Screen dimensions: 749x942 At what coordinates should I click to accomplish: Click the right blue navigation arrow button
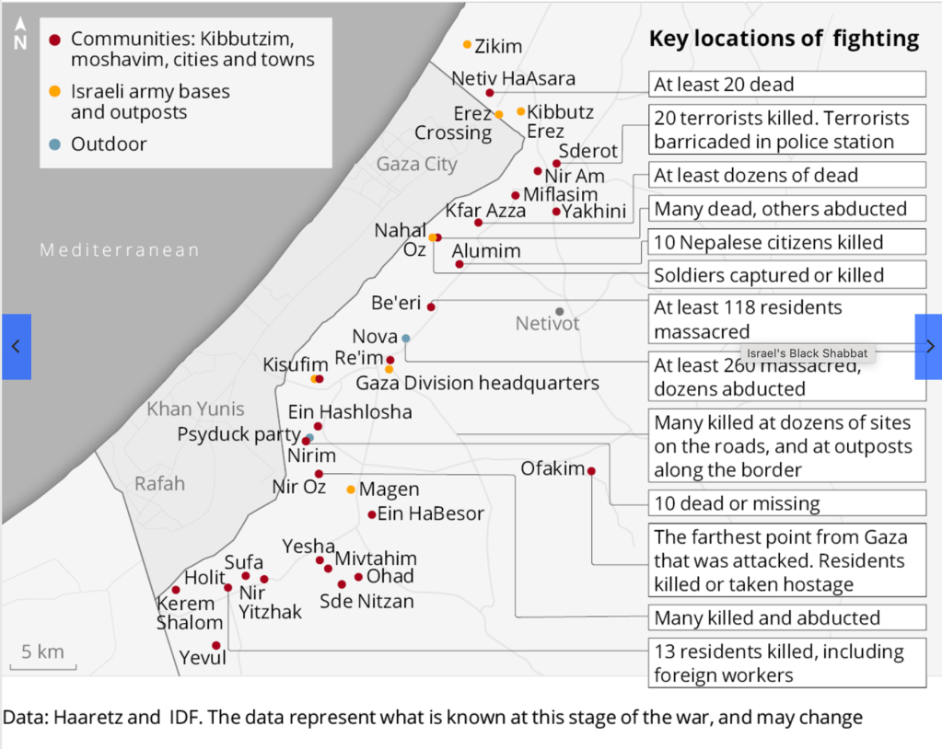[928, 346]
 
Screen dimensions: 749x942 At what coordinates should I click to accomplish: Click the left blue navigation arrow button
[16, 346]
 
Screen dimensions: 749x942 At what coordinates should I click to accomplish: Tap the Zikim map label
[498, 46]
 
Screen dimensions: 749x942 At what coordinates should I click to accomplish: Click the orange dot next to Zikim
[468, 44]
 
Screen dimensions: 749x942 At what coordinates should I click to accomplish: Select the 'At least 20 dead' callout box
[786, 85]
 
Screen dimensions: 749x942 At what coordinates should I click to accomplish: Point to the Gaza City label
[416, 164]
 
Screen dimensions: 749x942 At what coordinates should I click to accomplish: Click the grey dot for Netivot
[559, 311]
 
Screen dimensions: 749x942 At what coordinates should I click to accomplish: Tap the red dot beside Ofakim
[591, 471]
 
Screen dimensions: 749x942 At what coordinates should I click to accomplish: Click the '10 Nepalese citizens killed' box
[786, 242]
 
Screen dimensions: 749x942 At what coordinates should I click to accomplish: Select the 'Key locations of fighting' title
[784, 39]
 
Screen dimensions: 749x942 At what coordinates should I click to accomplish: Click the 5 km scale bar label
[43, 652]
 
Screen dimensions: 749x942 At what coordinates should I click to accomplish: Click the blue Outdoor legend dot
[54, 144]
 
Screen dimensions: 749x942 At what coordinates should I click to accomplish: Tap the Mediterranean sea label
[119, 250]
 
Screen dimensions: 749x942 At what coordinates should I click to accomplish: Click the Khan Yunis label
[195, 409]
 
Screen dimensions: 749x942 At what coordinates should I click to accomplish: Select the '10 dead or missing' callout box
[786, 503]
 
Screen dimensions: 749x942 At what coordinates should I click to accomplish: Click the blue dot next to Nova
[405, 338]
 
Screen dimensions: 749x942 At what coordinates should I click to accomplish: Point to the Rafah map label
[159, 483]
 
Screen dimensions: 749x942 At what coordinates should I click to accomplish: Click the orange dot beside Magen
[351, 490]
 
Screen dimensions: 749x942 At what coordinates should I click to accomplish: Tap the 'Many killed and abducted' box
[786, 617]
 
